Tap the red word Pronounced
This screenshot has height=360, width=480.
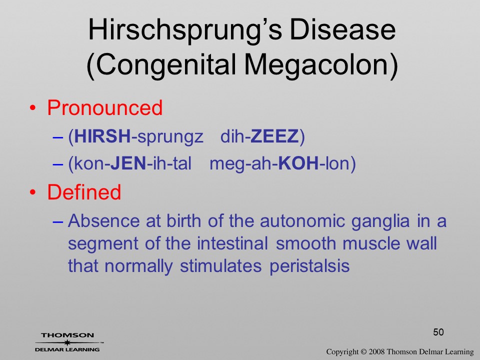(104, 108)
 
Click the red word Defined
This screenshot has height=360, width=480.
(84, 192)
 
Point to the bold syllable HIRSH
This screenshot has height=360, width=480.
(102, 136)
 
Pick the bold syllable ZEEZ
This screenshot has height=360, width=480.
(274, 136)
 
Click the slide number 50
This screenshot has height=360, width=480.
(438, 332)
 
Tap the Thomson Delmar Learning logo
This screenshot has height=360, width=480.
(68, 342)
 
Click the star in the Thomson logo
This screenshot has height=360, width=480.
(66, 342)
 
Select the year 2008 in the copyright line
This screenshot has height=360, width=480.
(377, 351)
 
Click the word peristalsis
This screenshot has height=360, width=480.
(309, 265)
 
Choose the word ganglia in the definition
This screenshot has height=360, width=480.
(380, 221)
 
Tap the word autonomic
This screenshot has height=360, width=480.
(302, 221)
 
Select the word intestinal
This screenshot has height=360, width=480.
(232, 243)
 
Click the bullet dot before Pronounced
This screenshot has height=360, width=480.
(33, 108)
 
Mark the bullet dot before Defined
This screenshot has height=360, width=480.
(33, 192)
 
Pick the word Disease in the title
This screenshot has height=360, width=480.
(342, 29)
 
